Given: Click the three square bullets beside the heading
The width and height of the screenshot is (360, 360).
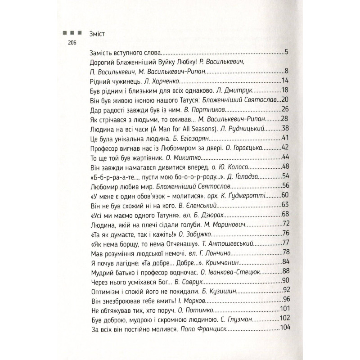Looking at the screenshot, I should coord(72,33).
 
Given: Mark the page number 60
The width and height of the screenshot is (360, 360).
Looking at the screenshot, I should coord(283,196).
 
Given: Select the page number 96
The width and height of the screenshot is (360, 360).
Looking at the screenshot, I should coord(283,301).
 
